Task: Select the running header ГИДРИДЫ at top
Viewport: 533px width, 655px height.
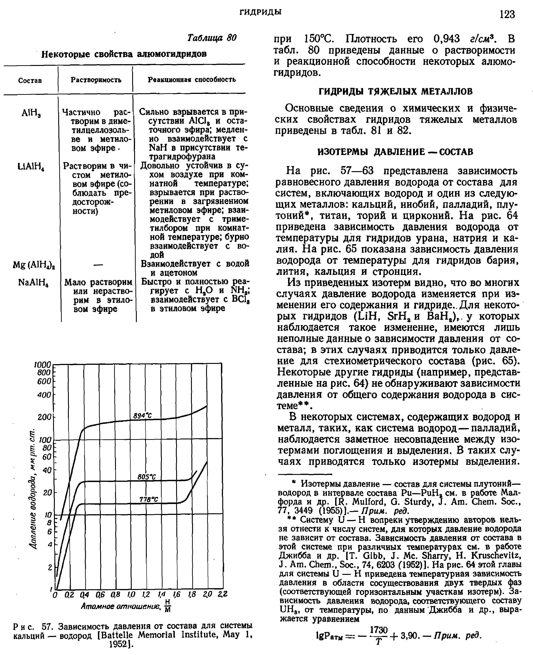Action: [x=260, y=12]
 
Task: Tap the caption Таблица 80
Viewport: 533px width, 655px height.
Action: [x=212, y=38]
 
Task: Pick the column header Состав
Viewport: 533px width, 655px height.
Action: [x=30, y=80]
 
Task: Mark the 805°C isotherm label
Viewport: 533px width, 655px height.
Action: [x=147, y=477]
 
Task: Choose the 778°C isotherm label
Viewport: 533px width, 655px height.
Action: [x=148, y=499]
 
